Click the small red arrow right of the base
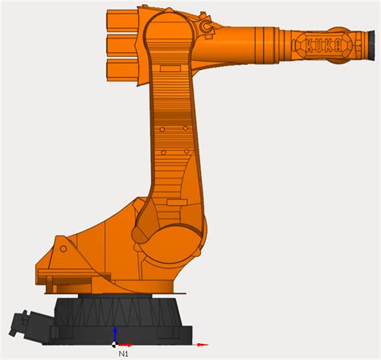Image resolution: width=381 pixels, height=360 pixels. pos(204,341)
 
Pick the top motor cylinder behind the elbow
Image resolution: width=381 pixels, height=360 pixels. pos(120,18)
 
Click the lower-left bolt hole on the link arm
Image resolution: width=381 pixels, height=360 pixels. pos(163,152)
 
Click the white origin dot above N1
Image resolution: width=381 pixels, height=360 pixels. pos(115,342)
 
